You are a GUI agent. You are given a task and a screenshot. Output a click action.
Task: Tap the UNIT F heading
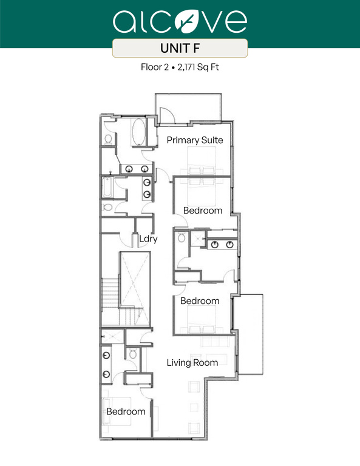click(180, 49)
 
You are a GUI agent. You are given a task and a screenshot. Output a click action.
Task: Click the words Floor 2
click(154, 68)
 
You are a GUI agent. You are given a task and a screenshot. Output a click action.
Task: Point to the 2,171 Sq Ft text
click(198, 68)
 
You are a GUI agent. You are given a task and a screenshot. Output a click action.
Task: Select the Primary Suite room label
click(195, 140)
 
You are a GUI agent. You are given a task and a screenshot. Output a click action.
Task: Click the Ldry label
click(148, 239)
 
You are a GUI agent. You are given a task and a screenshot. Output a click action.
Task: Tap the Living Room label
click(192, 363)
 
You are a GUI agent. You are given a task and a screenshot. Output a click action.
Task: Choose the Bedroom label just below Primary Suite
click(203, 211)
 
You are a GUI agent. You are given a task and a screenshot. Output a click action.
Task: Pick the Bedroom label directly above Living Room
click(200, 301)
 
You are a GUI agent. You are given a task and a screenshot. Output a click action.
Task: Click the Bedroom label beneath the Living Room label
click(126, 411)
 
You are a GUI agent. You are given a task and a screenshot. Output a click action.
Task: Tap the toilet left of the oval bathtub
click(108, 139)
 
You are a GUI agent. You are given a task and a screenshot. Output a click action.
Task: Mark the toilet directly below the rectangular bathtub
click(108, 208)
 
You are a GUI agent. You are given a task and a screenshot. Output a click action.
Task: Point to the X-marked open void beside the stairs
click(135, 279)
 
